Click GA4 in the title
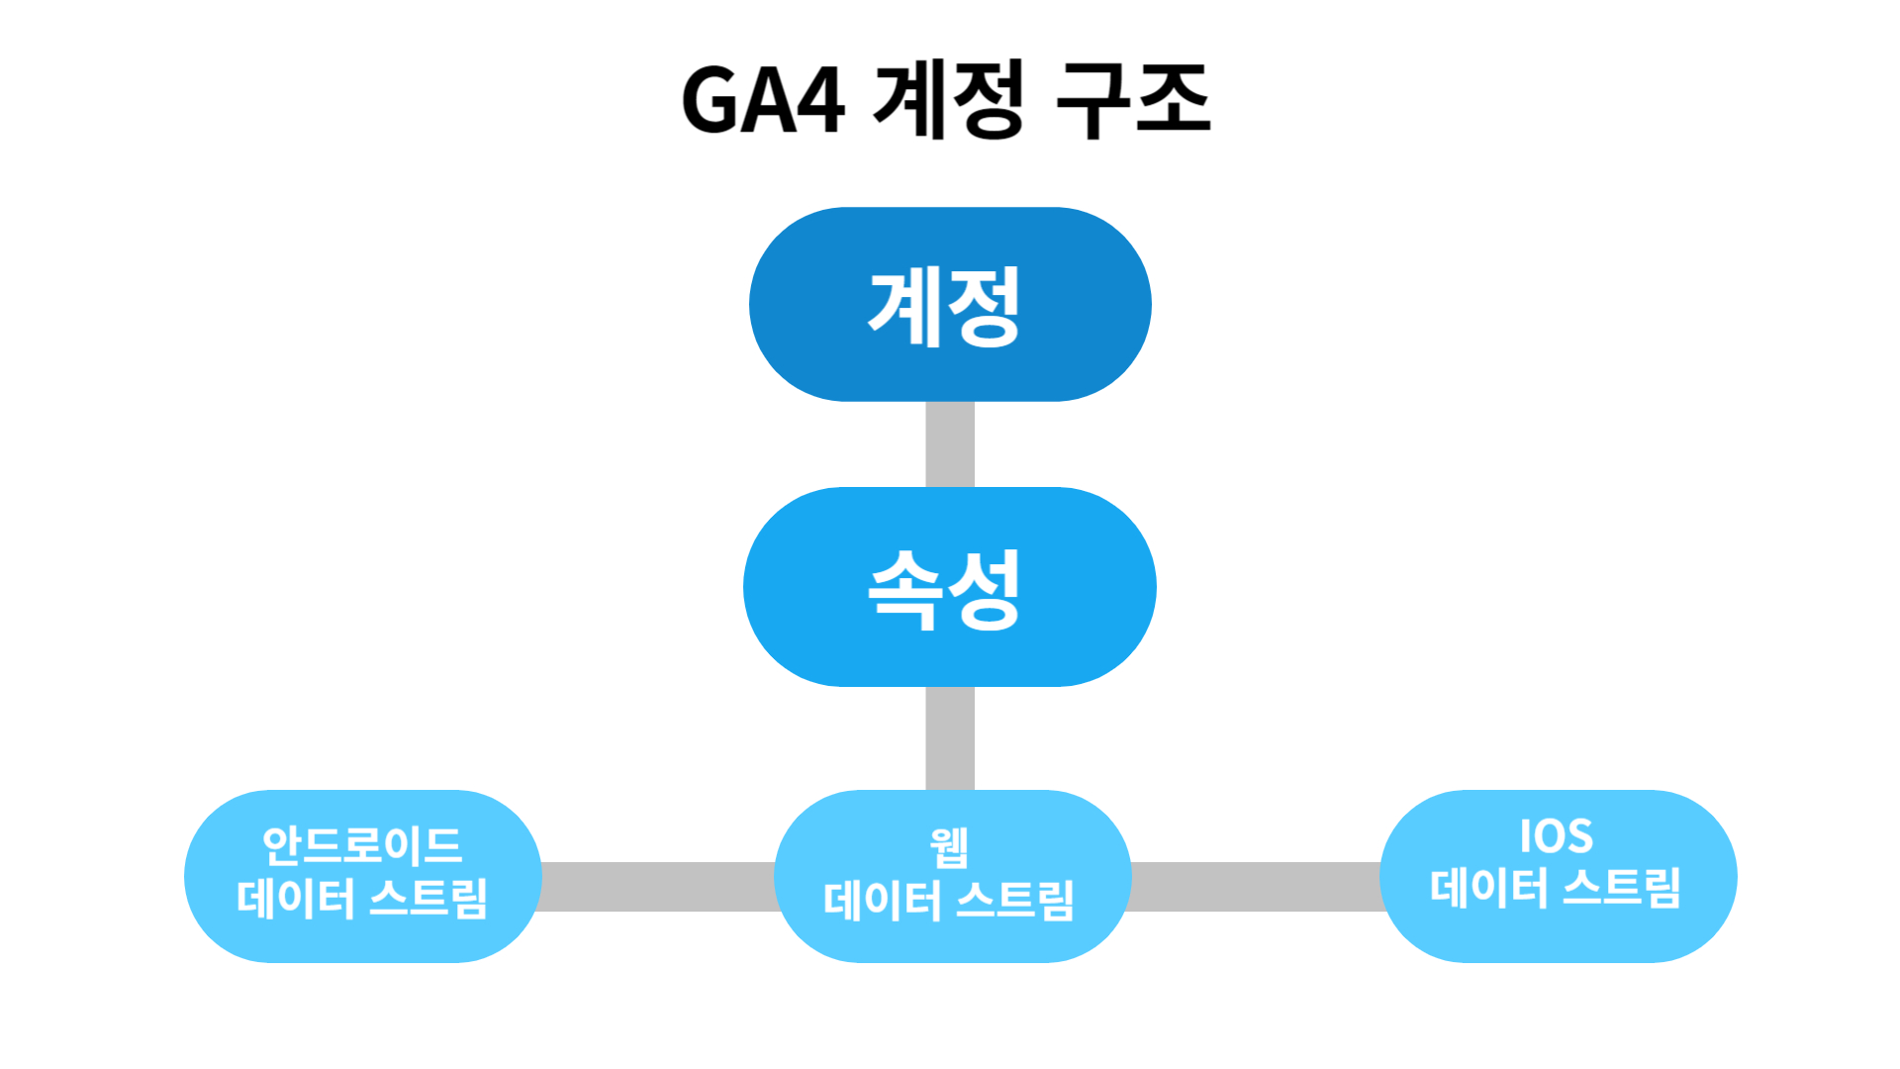[x=762, y=101]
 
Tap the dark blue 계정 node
[x=950, y=305]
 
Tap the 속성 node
[x=950, y=588]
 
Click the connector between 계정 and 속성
[x=950, y=444]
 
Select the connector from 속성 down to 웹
[x=950, y=738]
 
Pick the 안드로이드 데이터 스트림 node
[x=362, y=876]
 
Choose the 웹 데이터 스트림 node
[x=951, y=876]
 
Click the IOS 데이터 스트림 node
[x=1558, y=876]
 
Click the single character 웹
[x=949, y=847]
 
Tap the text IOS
[x=1557, y=836]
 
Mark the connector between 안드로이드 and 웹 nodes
[x=658, y=887]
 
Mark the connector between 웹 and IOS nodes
[x=1255, y=887]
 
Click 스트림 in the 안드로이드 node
[x=428, y=899]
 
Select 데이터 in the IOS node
[x=1488, y=887]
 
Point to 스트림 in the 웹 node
[x=1016, y=901]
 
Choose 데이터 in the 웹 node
[x=883, y=901]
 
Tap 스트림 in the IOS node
[x=1622, y=887]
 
